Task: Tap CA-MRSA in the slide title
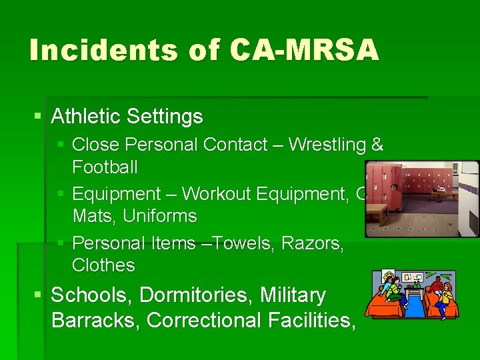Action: click(304, 51)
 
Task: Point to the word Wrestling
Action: click(328, 145)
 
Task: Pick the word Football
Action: click(105, 167)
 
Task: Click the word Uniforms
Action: click(160, 217)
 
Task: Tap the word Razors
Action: click(313, 243)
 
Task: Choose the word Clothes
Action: click(103, 265)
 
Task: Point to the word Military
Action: click(293, 295)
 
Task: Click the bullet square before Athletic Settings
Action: click(37, 117)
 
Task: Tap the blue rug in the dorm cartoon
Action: click(414, 306)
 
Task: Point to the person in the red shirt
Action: click(437, 288)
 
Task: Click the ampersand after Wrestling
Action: click(377, 145)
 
